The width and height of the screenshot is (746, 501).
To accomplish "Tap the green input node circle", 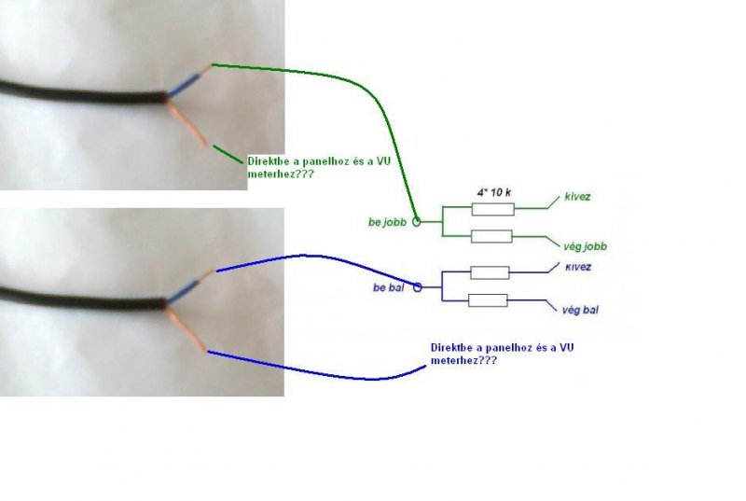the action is (417, 221).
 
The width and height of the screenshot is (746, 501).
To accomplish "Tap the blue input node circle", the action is (418, 287).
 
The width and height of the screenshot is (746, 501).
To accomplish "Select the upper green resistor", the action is (493, 209).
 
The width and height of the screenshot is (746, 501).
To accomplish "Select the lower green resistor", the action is (491, 236).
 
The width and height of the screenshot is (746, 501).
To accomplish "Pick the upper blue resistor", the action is (490, 272).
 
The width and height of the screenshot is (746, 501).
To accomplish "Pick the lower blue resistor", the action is (488, 300).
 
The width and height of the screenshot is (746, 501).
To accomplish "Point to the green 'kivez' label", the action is (577, 198).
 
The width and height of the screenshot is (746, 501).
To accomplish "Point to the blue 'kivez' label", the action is (578, 267).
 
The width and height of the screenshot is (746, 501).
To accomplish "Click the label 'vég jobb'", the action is (585, 246).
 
